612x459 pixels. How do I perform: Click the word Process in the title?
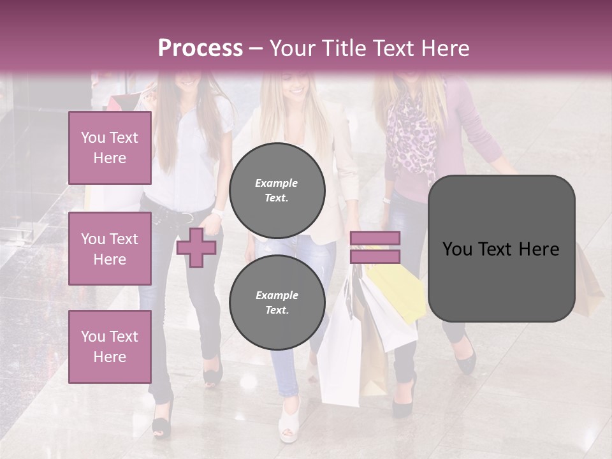[200, 48]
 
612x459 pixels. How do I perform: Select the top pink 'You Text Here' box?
[110, 148]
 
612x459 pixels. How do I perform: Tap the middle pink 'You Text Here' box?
[110, 249]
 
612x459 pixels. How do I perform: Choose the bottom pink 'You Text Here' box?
[110, 347]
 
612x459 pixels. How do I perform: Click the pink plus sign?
[196, 247]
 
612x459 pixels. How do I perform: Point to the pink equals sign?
[375, 247]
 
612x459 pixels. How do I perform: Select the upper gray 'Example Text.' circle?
[277, 191]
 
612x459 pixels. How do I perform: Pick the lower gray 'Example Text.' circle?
[277, 303]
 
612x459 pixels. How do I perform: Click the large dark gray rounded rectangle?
[501, 249]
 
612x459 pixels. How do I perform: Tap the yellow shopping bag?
[399, 290]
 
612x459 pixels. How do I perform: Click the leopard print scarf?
[411, 137]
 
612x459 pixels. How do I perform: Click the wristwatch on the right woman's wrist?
[386, 200]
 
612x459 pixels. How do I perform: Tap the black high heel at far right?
[465, 357]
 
